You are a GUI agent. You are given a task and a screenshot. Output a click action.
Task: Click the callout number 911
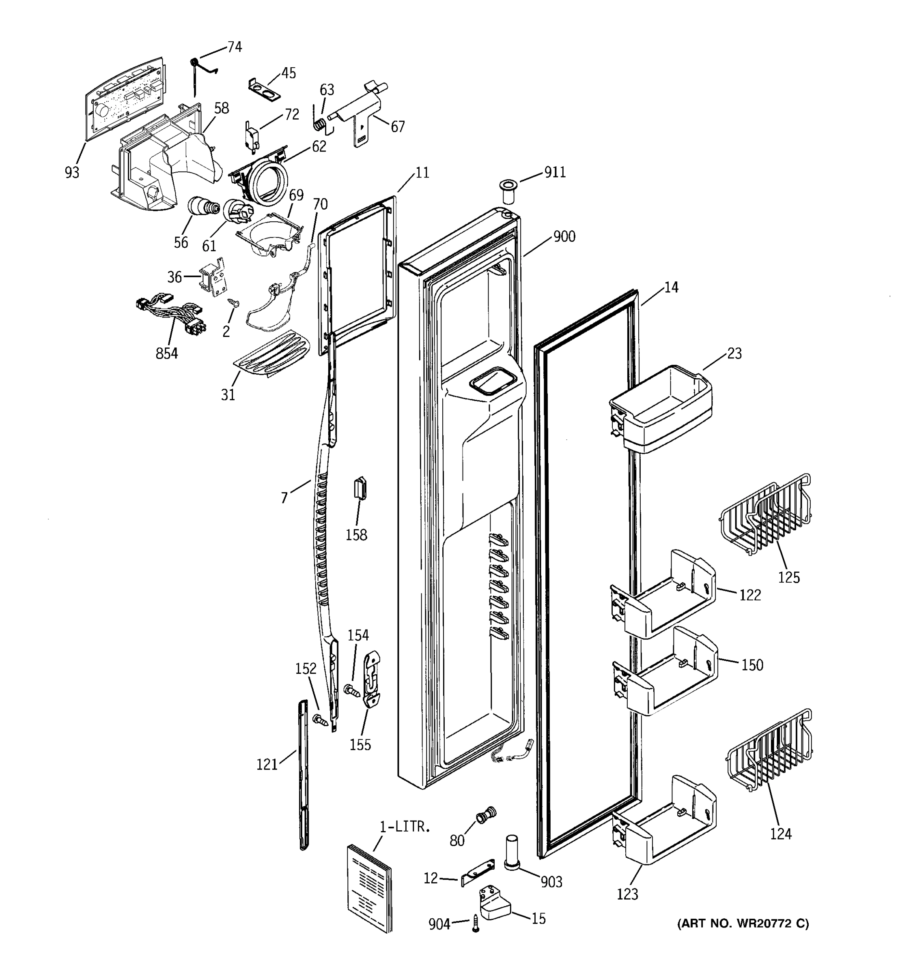(x=555, y=172)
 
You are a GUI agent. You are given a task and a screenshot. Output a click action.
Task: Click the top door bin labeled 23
(x=661, y=408)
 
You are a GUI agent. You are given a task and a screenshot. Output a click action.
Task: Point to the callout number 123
(x=627, y=894)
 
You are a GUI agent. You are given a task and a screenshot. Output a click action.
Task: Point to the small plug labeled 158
(x=360, y=489)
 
